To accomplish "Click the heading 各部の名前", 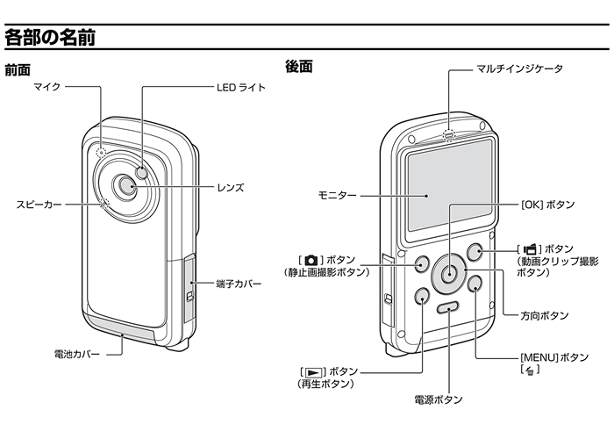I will point(50,38).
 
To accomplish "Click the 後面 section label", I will point(299,67).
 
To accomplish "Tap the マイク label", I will point(46,88).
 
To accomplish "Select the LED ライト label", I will point(240,88).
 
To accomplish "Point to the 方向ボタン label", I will point(542,314).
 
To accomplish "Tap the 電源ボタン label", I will point(438,399).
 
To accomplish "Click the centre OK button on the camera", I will point(448,270).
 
